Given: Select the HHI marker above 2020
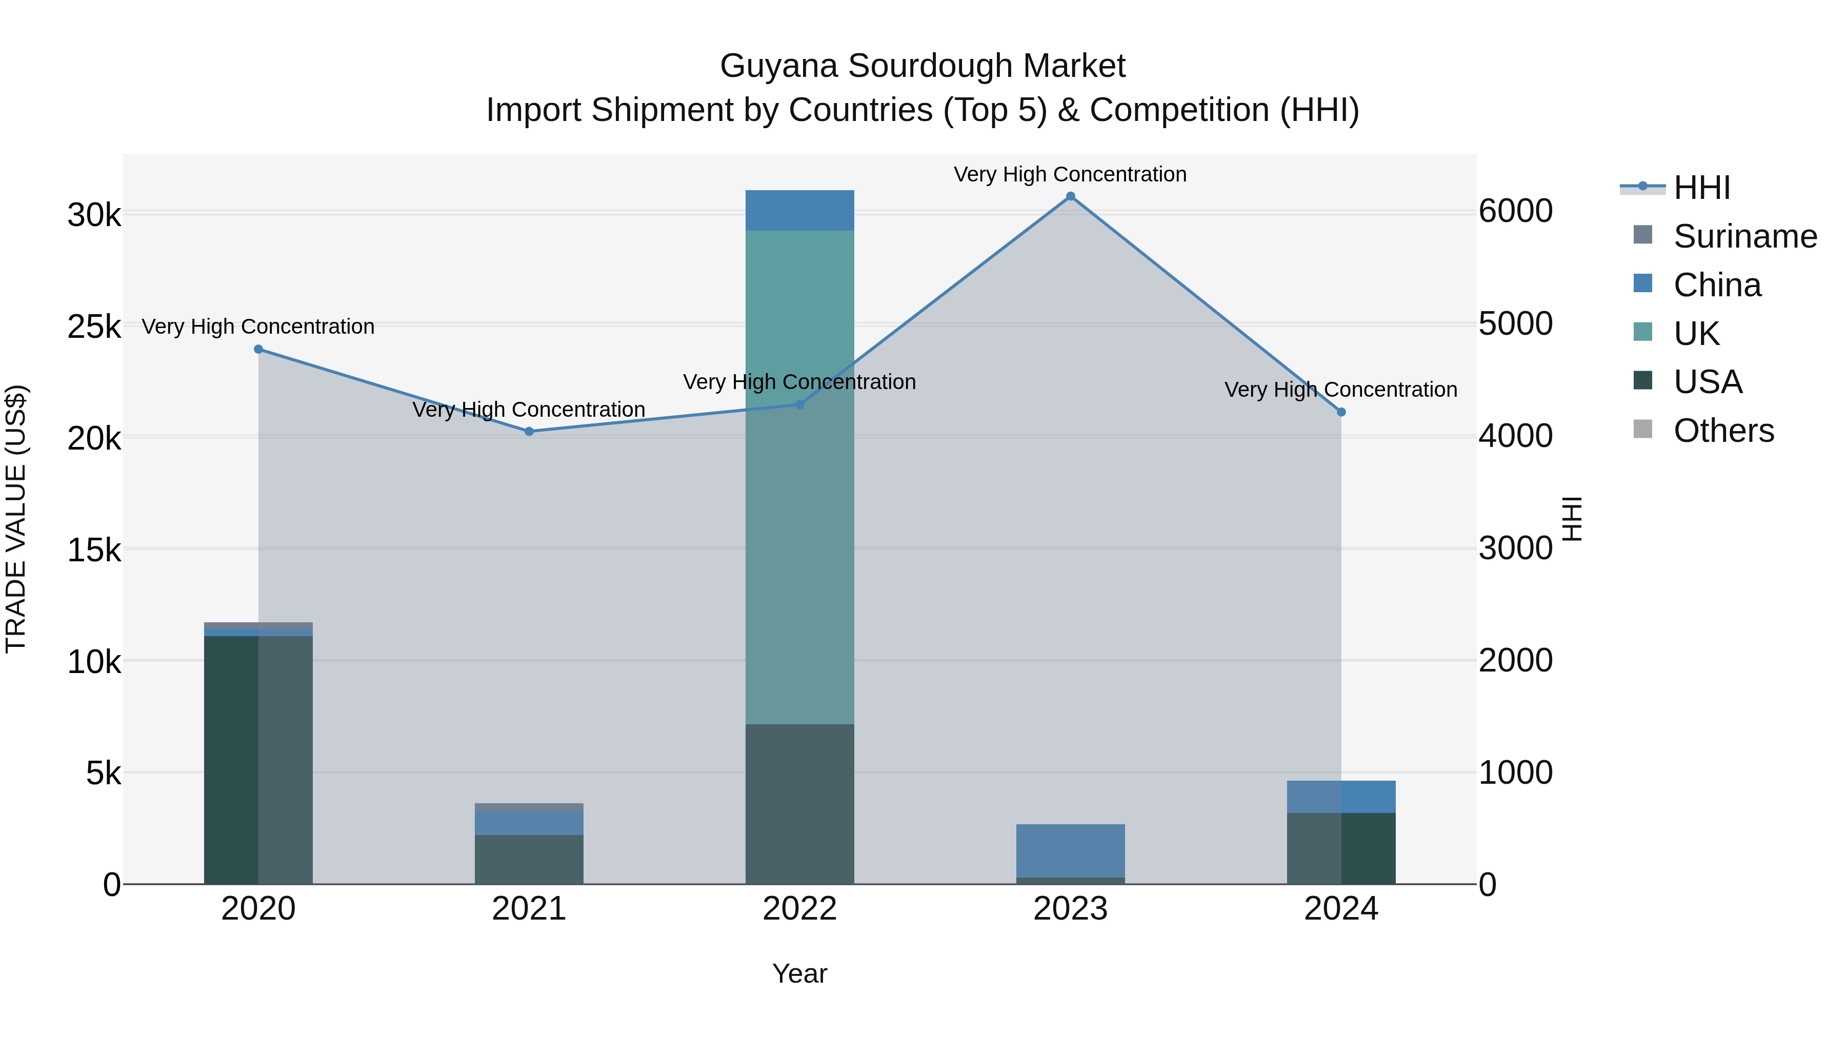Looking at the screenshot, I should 259,350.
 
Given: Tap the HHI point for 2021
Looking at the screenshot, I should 529,431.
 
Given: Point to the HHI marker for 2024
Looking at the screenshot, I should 1341,412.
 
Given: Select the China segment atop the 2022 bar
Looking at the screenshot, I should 800,211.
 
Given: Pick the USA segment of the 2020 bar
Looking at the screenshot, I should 259,759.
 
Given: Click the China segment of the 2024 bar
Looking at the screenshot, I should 1341,797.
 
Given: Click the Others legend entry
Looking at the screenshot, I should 1723,431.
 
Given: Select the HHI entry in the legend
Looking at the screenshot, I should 1701,188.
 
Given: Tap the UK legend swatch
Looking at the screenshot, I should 1642,332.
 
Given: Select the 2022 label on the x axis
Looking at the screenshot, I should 800,909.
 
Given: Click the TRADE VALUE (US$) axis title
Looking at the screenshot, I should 16,519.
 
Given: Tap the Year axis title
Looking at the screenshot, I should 800,973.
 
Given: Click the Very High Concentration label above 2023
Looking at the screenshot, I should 1070,174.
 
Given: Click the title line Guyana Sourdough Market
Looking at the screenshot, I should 922,66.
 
